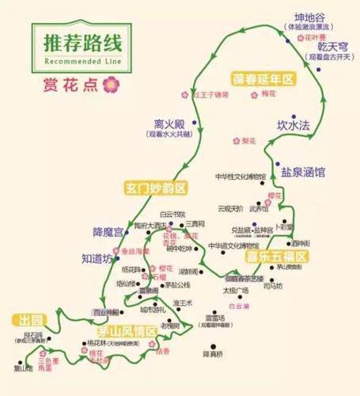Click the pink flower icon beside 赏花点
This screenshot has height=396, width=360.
111,82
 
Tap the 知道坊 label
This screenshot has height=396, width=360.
98,258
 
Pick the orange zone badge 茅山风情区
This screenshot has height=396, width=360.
127,330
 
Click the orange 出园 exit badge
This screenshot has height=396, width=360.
27,321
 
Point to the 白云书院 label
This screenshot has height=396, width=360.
172,214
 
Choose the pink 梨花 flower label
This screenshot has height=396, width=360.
248,141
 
